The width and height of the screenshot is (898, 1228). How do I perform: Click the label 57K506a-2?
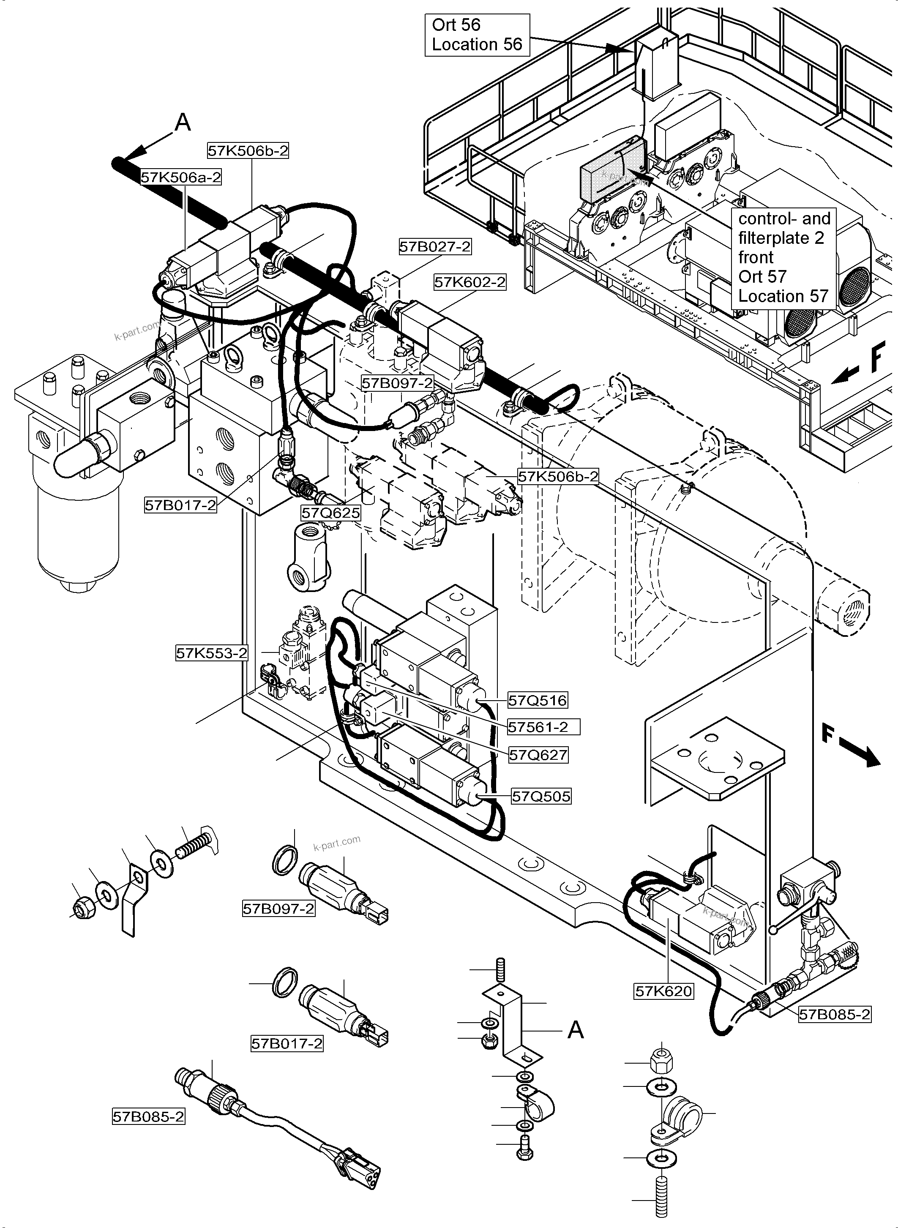tap(181, 177)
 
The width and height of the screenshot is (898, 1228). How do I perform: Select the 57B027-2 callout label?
tap(435, 247)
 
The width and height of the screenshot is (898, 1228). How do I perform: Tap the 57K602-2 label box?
tap(469, 282)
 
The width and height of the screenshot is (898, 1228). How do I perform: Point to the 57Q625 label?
tap(330, 513)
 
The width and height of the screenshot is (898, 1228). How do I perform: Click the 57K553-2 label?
tap(211, 653)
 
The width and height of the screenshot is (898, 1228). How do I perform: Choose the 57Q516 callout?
tap(538, 701)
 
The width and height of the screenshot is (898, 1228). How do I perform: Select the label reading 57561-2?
tap(543, 727)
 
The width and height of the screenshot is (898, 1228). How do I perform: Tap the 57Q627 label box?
tap(538, 755)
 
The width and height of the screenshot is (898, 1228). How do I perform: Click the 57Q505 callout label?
tap(541, 797)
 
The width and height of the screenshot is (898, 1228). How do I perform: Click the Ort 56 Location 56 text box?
tap(477, 35)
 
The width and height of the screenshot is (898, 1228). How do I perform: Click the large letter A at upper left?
tap(183, 123)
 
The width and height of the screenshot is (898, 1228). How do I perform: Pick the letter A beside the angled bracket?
tap(575, 1029)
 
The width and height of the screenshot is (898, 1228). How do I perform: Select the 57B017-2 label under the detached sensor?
tap(287, 1044)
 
